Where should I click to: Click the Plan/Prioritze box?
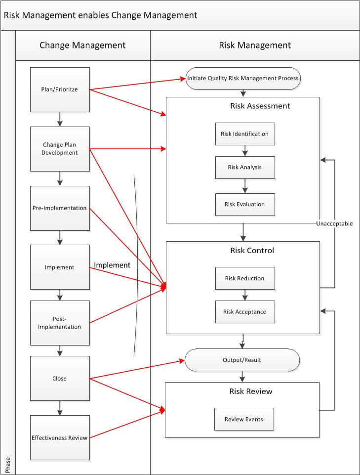tap(60, 89)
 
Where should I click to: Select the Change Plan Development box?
tap(60, 149)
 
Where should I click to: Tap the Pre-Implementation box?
tap(60, 208)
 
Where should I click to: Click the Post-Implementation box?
tap(60, 323)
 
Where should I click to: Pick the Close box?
tap(60, 379)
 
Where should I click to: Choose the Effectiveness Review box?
tap(60, 437)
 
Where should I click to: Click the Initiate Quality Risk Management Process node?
tap(242, 78)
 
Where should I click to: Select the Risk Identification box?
tap(245, 134)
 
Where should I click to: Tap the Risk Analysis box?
tap(245, 167)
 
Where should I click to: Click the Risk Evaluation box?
tap(245, 204)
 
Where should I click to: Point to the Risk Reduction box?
tap(245, 278)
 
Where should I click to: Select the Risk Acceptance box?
tap(245, 312)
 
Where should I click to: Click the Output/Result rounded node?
tap(242, 360)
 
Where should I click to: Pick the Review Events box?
tap(244, 419)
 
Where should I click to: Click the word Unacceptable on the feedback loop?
tap(334, 223)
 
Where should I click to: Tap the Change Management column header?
tap(82, 45)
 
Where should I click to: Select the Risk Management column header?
tap(255, 45)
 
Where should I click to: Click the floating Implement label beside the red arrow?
tap(112, 265)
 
